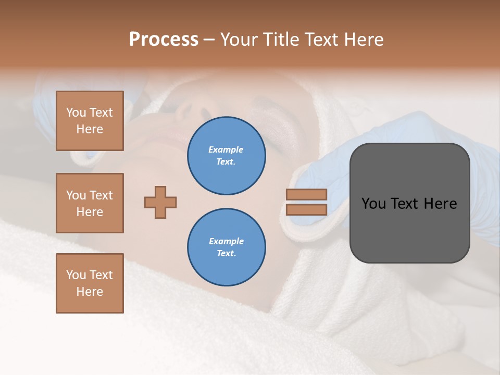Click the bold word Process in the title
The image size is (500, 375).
coord(164,40)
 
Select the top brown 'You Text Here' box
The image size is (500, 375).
coord(90,121)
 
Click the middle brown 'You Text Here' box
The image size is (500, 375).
coord(90,203)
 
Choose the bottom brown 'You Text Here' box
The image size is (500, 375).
coord(90,283)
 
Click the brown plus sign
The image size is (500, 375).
coord(160,202)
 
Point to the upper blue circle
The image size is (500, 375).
coord(226,155)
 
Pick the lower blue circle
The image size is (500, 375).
coord(226,247)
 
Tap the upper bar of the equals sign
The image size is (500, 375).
coord(306,194)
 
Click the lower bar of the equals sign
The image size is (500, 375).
coord(306,209)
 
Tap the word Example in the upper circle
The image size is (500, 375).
coord(226,149)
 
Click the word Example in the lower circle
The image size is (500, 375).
coord(226,241)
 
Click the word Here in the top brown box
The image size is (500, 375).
coord(90,129)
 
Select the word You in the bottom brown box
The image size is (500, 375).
coord(76,274)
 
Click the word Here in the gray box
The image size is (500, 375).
coord(440,204)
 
